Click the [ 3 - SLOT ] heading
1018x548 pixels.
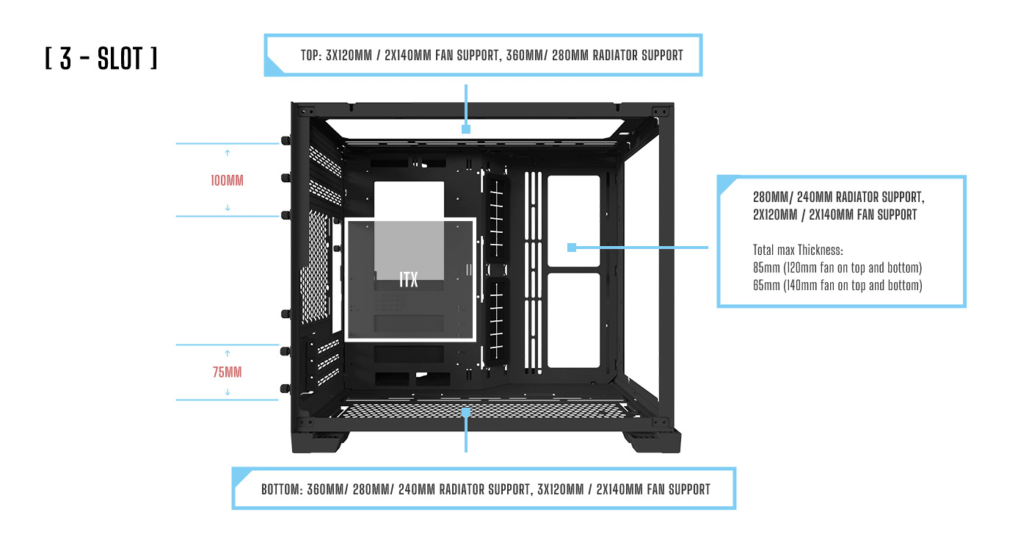click(101, 60)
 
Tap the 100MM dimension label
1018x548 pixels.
click(227, 180)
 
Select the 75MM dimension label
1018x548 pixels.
click(227, 372)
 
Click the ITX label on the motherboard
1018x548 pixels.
click(409, 280)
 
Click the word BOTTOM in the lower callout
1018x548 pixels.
click(281, 489)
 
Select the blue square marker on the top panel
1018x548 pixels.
click(465, 129)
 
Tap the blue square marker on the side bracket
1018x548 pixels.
click(572, 248)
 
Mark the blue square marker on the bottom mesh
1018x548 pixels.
click(465, 414)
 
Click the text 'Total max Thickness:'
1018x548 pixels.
click(798, 250)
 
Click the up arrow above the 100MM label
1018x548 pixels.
click(227, 153)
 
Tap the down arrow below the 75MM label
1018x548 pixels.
click(227, 392)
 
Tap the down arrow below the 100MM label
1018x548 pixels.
click(227, 207)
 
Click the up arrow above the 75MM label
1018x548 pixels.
click(227, 353)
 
